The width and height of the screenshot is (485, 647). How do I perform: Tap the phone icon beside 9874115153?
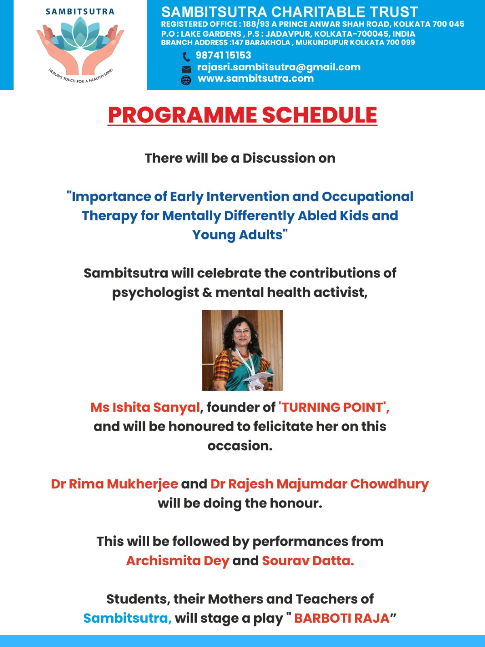[x=186, y=56]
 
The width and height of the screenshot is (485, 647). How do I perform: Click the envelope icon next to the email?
[x=186, y=69]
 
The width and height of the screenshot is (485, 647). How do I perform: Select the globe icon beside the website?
[x=186, y=80]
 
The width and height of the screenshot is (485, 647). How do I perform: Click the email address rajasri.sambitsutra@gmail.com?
[x=278, y=67]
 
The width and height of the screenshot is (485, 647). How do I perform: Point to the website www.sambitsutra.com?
[x=255, y=78]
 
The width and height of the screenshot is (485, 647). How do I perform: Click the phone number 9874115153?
[x=223, y=55]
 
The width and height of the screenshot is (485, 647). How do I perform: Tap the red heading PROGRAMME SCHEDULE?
[x=242, y=115]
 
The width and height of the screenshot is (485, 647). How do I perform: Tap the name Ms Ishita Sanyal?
[x=145, y=407]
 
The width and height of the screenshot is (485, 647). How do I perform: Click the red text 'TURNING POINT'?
[x=333, y=407]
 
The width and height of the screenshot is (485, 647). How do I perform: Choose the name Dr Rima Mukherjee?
[x=114, y=484]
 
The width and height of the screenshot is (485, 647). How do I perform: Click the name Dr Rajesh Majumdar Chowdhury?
[x=319, y=484]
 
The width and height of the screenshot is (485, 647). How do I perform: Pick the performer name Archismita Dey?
[x=177, y=561]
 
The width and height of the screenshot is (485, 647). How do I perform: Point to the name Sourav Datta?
[x=308, y=561]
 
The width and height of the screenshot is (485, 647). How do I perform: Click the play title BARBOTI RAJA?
[x=342, y=618]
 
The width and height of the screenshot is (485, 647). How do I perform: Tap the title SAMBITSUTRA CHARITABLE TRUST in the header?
[x=289, y=12]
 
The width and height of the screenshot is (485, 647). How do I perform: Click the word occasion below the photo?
[x=240, y=446]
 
